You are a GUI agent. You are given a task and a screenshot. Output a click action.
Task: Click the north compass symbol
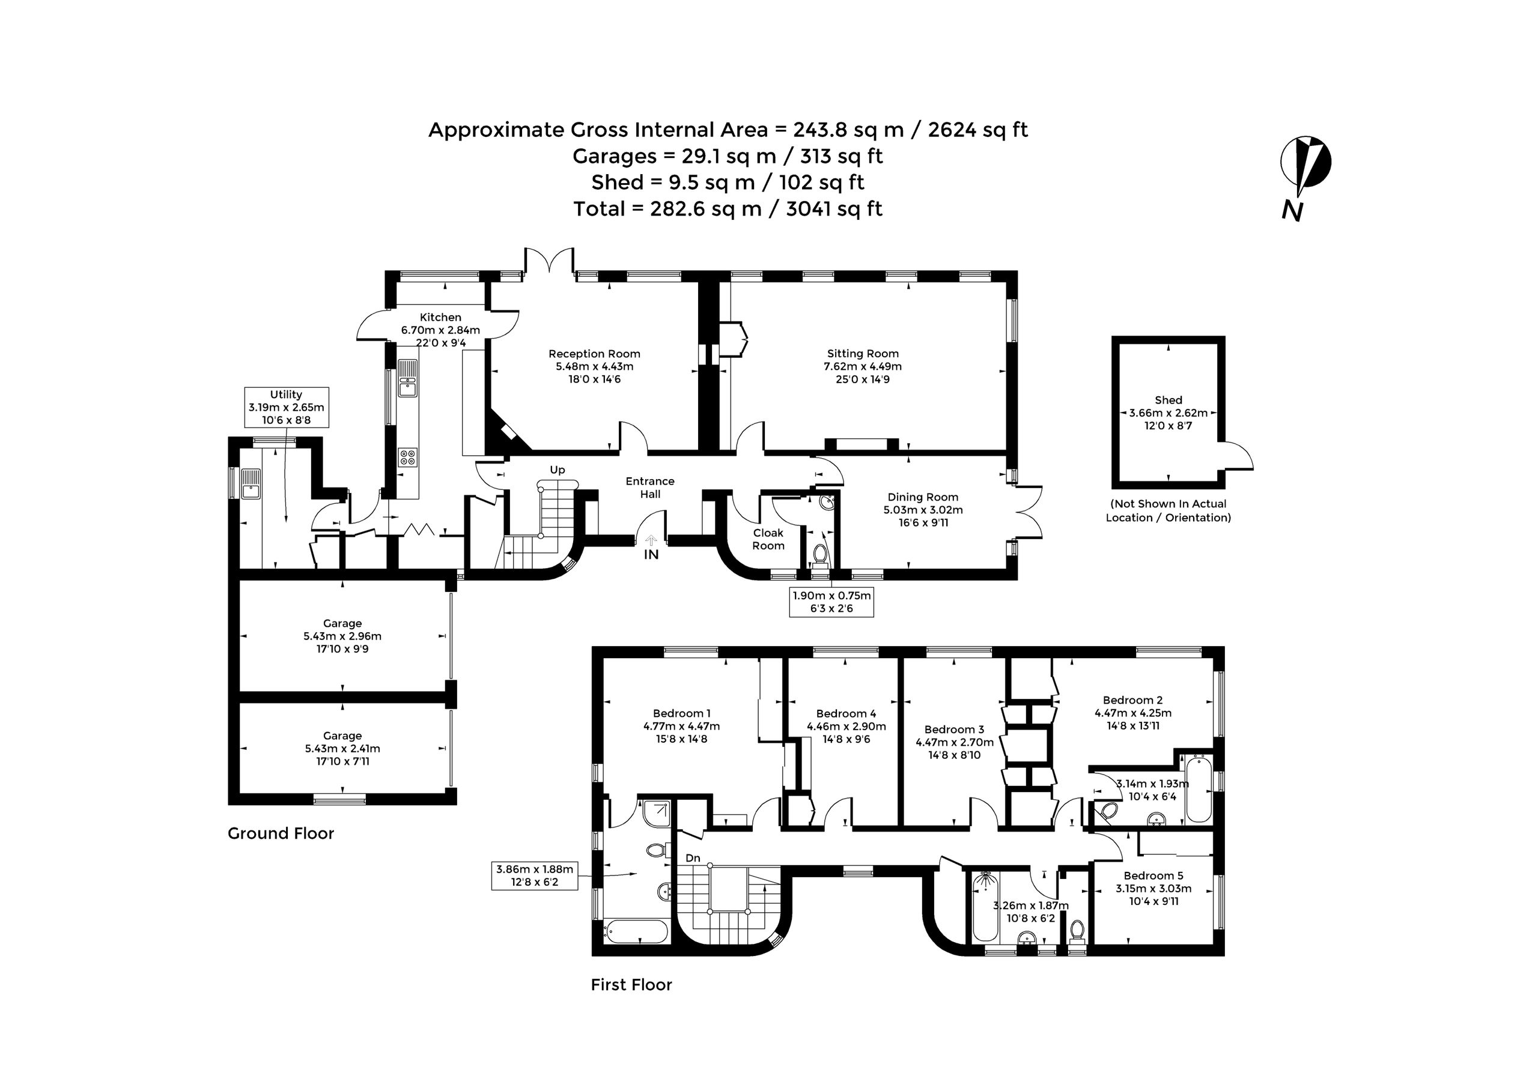[1305, 178]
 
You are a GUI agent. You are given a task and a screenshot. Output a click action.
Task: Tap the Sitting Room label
[863, 354]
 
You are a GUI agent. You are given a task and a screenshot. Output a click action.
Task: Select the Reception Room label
[594, 354]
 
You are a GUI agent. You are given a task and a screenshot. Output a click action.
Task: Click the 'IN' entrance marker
[651, 554]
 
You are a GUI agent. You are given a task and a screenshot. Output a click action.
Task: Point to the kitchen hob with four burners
[407, 458]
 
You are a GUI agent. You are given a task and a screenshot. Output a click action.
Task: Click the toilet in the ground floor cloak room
[819, 553]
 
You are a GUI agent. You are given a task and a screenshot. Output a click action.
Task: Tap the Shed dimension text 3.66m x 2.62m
[1169, 413]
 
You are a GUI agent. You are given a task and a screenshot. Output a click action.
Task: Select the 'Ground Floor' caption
[281, 833]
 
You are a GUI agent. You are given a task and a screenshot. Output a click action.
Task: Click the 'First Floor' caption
[631, 984]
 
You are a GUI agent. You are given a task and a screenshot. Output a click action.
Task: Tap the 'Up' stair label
[558, 470]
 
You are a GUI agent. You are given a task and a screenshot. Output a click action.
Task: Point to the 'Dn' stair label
[693, 857]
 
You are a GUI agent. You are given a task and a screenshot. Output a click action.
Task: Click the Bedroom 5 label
[1153, 875]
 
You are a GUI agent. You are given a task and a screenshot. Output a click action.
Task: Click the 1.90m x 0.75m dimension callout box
[831, 602]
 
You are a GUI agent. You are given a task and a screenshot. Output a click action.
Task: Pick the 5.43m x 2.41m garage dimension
[342, 749]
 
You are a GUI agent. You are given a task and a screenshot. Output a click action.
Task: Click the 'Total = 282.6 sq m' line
[728, 209]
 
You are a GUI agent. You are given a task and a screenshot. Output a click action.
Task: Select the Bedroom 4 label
[846, 714]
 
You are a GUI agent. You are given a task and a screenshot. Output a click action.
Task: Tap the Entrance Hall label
[650, 488]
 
